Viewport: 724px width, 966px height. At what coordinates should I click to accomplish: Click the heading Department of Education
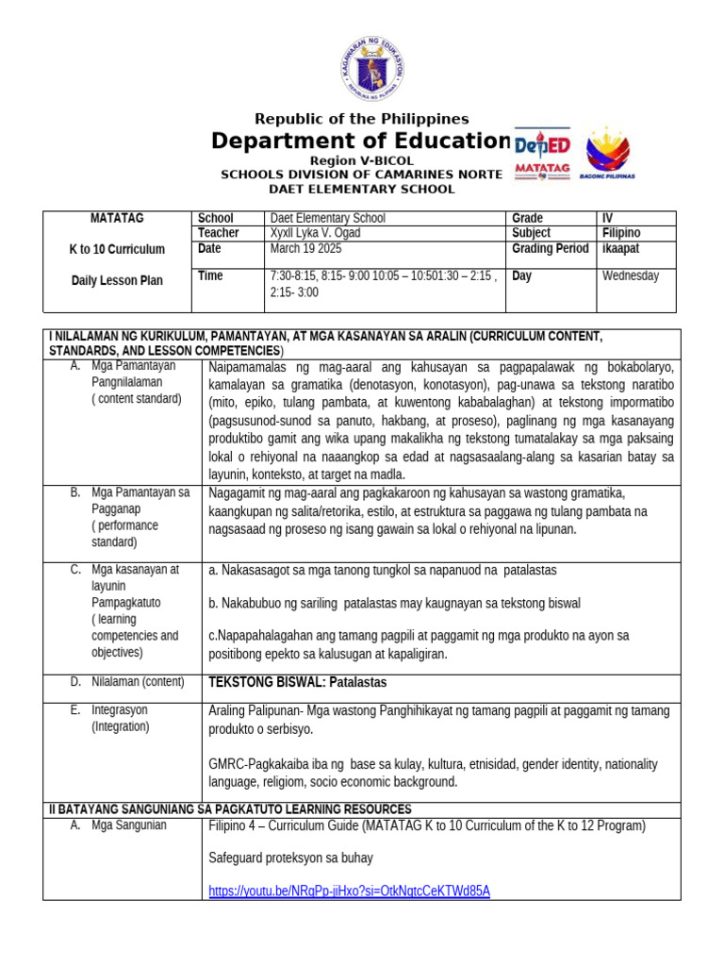[x=361, y=141]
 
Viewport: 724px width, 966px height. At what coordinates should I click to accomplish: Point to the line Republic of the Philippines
[x=362, y=119]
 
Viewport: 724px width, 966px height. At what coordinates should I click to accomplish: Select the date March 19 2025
[x=306, y=249]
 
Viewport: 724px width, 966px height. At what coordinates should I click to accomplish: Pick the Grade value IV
[x=608, y=218]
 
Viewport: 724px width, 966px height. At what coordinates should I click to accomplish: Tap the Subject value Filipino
[x=621, y=233]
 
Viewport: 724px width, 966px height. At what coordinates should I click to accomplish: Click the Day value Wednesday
[x=631, y=276]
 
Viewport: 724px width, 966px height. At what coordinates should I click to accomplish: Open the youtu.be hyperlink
[x=349, y=891]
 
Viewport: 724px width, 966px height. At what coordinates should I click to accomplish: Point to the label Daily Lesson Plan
[x=117, y=280]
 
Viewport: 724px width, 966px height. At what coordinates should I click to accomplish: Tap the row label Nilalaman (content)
[x=137, y=681]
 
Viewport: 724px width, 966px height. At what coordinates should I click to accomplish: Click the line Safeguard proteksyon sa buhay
[x=290, y=858]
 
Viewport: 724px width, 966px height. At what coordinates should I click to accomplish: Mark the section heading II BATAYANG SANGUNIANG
[x=230, y=809]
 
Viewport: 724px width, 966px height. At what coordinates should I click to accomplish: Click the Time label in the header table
[x=210, y=276]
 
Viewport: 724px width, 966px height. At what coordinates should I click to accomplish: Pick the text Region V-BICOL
[x=361, y=161]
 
